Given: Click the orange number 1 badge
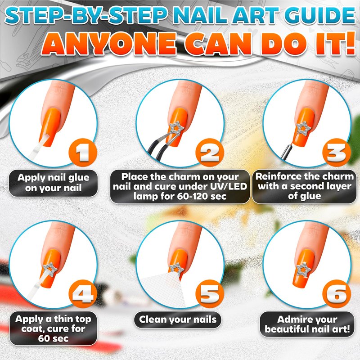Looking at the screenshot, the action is (83, 153).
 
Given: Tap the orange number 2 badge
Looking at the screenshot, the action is (210, 153).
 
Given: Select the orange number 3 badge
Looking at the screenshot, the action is (337, 153).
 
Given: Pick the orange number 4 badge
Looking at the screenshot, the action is (83, 294).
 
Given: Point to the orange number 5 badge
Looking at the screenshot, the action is (210, 294).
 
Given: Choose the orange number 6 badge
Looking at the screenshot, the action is (337, 294).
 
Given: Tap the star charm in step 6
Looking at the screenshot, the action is (303, 269).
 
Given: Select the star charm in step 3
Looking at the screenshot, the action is (303, 129).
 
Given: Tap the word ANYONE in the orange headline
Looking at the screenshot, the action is (108, 44).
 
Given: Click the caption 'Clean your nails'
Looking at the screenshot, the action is (178, 319).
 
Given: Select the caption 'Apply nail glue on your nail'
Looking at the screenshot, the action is (54, 183).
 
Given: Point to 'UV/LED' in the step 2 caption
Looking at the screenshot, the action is (229, 186).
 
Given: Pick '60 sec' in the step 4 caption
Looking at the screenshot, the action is (53, 338).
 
